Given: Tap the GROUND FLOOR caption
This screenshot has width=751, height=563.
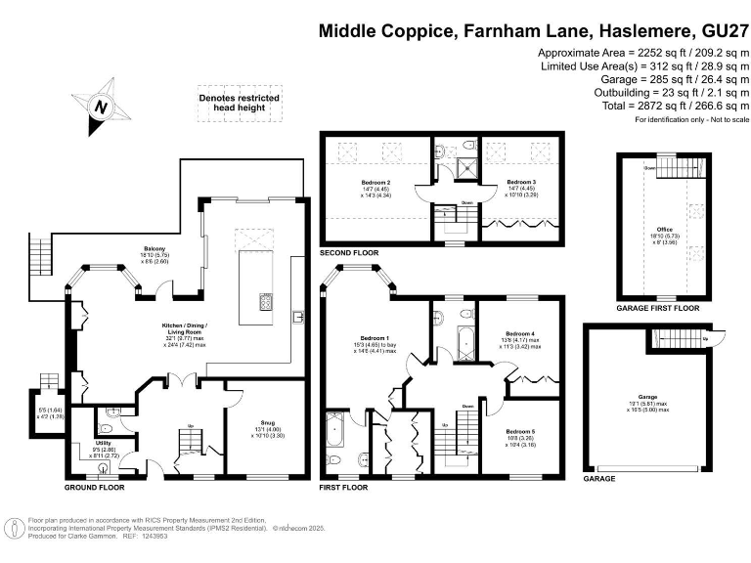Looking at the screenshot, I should point(94,486).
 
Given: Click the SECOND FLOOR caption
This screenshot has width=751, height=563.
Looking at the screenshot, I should point(349,253).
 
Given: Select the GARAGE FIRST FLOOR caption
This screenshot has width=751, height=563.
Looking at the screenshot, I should point(658,308).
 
